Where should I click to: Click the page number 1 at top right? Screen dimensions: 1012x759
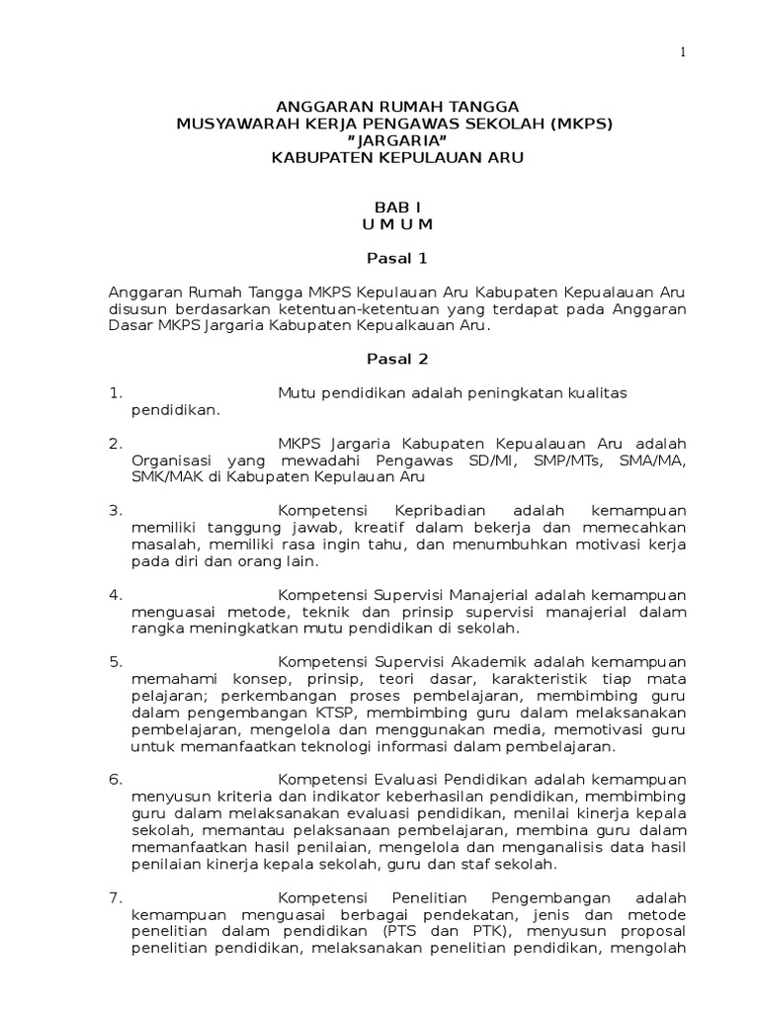coord(682,52)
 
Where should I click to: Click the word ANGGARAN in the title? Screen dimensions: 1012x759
coord(314,106)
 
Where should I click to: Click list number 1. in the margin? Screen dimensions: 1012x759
coord(116,393)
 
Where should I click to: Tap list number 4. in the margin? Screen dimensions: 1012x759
coord(116,595)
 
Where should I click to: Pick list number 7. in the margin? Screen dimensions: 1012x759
coord(116,897)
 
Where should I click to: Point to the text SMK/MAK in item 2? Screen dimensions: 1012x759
coord(161,477)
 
